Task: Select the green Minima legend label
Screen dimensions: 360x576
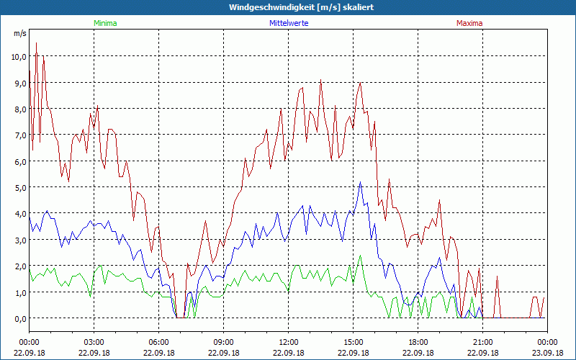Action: pyautogui.click(x=105, y=23)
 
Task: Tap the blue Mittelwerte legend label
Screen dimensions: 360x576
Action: pyautogui.click(x=288, y=23)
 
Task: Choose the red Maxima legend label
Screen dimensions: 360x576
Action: pyautogui.click(x=469, y=23)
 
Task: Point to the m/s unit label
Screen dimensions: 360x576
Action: pyautogui.click(x=19, y=34)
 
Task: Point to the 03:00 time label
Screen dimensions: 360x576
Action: pyautogui.click(x=94, y=342)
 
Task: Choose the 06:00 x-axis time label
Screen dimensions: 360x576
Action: pyautogui.click(x=158, y=342)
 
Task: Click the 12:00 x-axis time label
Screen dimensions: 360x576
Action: pyautogui.click(x=288, y=342)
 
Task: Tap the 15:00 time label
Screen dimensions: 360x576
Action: pyautogui.click(x=353, y=342)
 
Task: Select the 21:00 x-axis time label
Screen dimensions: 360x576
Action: pyautogui.click(x=482, y=342)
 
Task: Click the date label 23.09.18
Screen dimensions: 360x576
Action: pyautogui.click(x=547, y=353)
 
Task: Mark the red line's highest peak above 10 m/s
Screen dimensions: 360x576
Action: pyautogui.click(x=36, y=43)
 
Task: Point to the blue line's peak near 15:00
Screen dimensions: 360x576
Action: pyautogui.click(x=361, y=182)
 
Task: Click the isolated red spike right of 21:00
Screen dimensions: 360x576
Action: pyautogui.click(x=497, y=276)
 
